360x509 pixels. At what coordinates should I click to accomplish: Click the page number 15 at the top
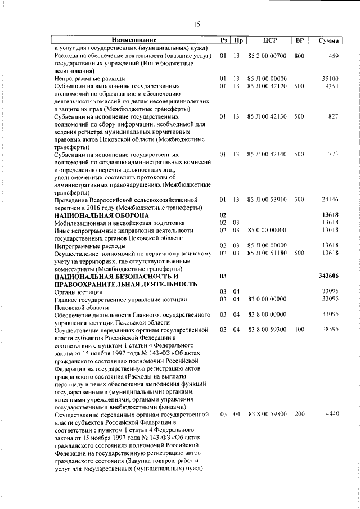[196, 24]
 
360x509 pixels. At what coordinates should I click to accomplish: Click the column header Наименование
[134, 40]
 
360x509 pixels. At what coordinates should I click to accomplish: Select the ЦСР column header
[268, 40]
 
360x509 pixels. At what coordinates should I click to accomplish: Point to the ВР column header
[299, 40]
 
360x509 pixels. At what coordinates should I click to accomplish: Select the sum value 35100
[330, 79]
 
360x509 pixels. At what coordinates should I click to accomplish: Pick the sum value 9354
[331, 87]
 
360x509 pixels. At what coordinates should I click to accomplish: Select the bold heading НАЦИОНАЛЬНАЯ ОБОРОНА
[101, 215]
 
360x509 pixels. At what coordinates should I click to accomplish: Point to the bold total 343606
[328, 276]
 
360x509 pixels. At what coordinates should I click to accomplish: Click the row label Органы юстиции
[78, 291]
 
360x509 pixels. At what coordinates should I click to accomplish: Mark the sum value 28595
[330, 329]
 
